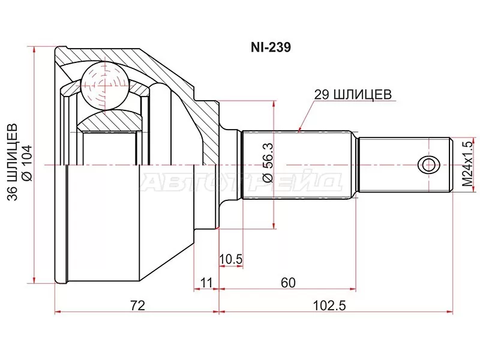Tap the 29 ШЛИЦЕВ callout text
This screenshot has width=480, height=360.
pos(352,94)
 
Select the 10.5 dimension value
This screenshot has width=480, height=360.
pos(230,259)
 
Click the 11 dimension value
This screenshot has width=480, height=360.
pos(207,282)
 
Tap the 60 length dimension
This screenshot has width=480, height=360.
pos(287,282)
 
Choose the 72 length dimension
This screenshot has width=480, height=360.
pos(137,305)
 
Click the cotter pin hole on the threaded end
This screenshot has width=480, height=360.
pos(428,164)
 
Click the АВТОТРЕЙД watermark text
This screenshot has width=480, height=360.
pos(240,181)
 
